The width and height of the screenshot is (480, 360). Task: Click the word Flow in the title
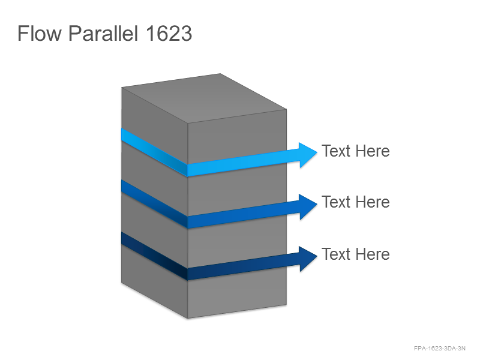(39, 33)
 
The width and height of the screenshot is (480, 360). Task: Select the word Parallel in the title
(103, 33)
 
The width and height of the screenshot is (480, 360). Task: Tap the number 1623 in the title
(169, 33)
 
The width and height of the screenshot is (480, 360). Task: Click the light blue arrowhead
(308, 155)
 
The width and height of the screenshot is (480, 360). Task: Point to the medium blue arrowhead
(308, 206)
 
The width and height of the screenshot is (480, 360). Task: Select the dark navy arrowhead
(308, 259)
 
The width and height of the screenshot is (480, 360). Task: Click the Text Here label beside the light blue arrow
(356, 151)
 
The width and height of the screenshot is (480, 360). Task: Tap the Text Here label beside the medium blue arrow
(356, 202)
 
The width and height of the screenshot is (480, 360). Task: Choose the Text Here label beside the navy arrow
(356, 254)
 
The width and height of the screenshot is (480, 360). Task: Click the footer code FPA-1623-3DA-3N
(440, 349)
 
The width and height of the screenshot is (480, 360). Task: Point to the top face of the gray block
(204, 98)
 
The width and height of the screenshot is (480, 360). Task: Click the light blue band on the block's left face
(154, 152)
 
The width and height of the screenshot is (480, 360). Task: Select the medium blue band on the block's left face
(154, 204)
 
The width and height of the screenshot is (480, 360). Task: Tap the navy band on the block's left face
(154, 256)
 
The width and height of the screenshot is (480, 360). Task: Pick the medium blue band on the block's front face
(237, 215)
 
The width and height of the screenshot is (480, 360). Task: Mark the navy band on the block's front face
(237, 266)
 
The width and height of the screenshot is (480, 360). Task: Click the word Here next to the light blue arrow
(372, 151)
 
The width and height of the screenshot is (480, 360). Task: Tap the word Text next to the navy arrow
(336, 254)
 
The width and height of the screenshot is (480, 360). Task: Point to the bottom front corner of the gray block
(188, 319)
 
